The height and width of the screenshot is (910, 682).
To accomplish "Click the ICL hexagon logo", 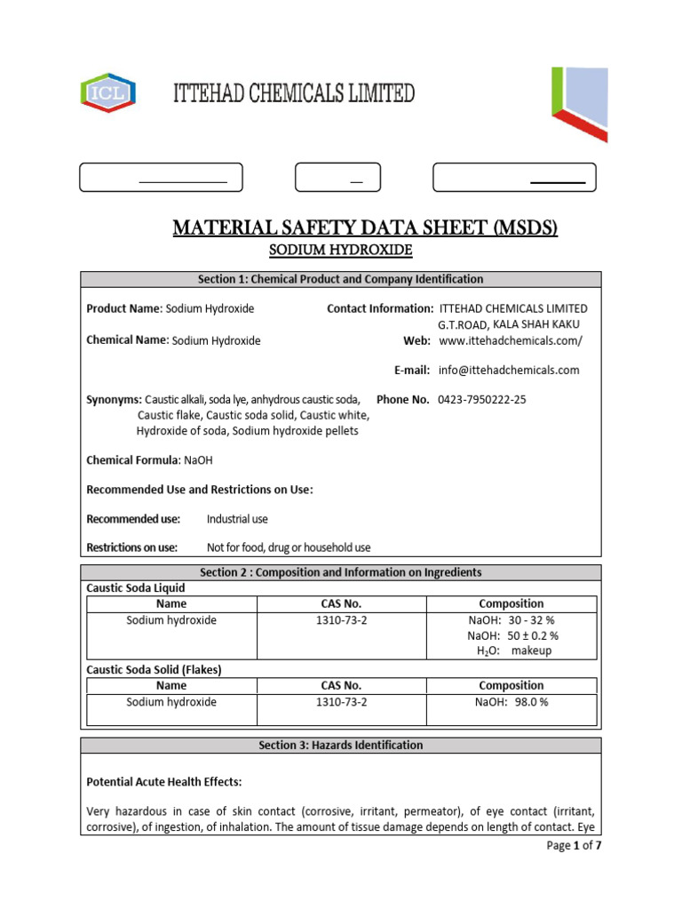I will coord(108,92).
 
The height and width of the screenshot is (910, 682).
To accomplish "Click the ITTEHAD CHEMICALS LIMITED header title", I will coord(293,92).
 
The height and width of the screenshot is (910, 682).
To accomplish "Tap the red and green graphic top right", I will coord(579,103).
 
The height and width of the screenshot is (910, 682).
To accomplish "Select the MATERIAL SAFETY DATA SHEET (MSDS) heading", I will coord(365,228).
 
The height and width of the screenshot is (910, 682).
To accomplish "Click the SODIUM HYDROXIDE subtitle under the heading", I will coord(341,251).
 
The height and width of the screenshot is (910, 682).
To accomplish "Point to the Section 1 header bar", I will coord(340,279).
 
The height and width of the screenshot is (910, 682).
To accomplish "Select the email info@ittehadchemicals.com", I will coord(508,370).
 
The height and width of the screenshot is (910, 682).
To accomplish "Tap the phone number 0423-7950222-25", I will coord(481,400).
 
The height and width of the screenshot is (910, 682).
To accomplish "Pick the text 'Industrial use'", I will coord(237,519).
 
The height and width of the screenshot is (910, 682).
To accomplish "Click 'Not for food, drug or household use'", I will coord(289,547).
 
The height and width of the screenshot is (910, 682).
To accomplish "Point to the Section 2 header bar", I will coord(340,572).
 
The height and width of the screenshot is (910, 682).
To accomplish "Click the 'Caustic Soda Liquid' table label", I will coord(136,588).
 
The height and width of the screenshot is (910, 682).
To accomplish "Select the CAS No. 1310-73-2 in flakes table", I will coord(341,702).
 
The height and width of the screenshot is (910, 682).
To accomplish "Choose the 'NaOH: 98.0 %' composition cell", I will coord(511,702).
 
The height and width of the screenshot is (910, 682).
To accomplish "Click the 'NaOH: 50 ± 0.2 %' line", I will coord(512,635).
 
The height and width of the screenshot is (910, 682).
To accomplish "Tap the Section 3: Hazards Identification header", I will coord(340,745).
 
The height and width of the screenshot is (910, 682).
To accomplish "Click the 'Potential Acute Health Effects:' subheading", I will coord(163,782).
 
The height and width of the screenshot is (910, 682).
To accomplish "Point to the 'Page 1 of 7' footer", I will coord(574,846).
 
